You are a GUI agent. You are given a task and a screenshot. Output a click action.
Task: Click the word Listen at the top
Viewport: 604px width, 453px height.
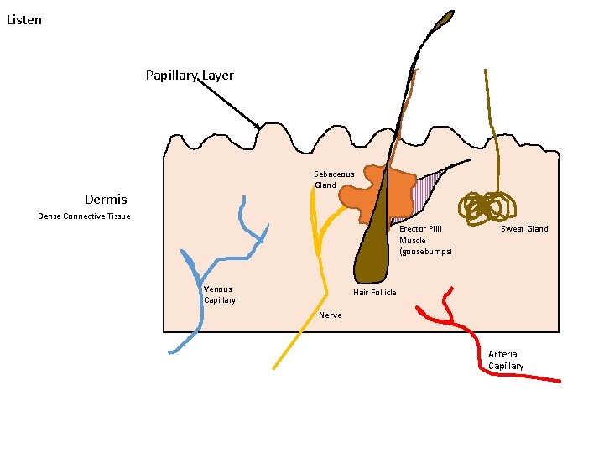tap(23, 19)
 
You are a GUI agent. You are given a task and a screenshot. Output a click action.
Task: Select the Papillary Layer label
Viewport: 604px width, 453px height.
tap(190, 75)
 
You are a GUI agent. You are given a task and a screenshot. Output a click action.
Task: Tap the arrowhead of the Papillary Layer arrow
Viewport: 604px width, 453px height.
tap(259, 127)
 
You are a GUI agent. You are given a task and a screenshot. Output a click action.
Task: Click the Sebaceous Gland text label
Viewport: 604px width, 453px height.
tap(334, 180)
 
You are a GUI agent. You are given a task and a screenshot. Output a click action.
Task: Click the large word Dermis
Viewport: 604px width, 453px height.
tap(106, 200)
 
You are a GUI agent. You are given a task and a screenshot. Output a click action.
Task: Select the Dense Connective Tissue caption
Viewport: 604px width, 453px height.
tap(84, 216)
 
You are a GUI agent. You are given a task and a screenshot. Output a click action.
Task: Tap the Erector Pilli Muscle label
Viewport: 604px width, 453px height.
tap(424, 240)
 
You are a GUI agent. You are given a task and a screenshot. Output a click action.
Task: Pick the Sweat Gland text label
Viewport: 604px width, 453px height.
tap(524, 229)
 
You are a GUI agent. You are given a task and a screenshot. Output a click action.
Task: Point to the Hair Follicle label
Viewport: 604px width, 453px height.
tap(374, 293)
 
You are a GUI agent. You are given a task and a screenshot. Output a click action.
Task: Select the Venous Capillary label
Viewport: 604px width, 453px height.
tap(219, 294)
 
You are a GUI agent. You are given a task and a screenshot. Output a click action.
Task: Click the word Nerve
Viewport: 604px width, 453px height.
tap(331, 315)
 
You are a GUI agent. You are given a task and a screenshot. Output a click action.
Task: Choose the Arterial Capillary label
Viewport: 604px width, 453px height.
tap(506, 360)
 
